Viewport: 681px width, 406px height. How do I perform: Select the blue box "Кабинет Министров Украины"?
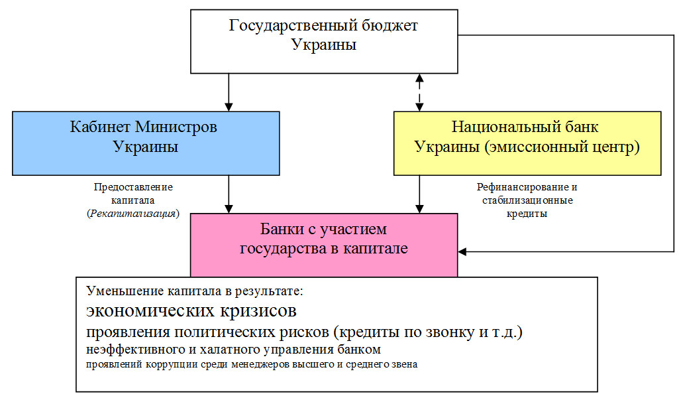click(145, 143)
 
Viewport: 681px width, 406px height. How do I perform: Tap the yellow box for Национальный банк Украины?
click(527, 143)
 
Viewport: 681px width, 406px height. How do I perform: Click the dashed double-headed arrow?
click(419, 92)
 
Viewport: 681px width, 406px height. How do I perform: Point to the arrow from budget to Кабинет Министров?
click(229, 92)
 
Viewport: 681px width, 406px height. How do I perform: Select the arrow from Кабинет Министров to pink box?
click(229, 194)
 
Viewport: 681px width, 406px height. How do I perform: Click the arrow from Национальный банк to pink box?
click(419, 194)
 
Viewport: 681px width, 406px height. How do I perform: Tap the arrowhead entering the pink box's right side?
click(462, 251)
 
